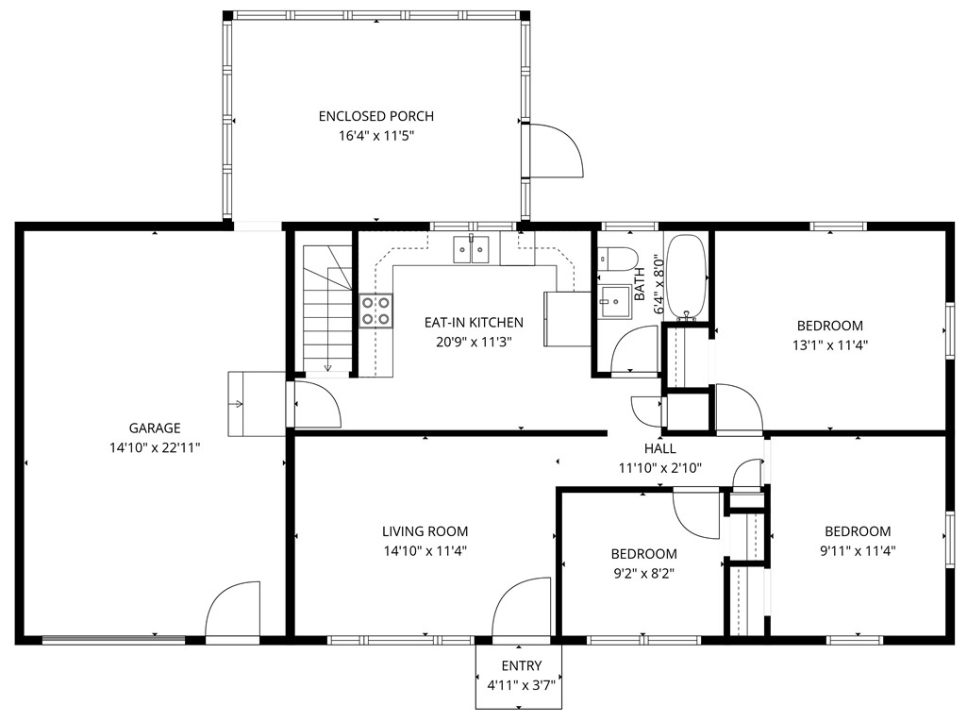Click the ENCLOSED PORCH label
tap(375, 116)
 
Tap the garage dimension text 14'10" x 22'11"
tap(155, 447)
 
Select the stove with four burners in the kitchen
tap(376, 311)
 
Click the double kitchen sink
tap(471, 249)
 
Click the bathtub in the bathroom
tap(685, 275)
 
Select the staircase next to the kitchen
tap(326, 307)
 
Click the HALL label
tap(659, 449)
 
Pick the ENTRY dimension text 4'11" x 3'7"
tap(521, 684)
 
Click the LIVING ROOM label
tap(425, 531)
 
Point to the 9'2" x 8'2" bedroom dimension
tap(642, 572)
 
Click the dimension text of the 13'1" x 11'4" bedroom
tap(829, 344)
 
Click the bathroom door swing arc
tap(635, 350)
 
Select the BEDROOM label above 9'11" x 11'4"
tap(857, 531)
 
